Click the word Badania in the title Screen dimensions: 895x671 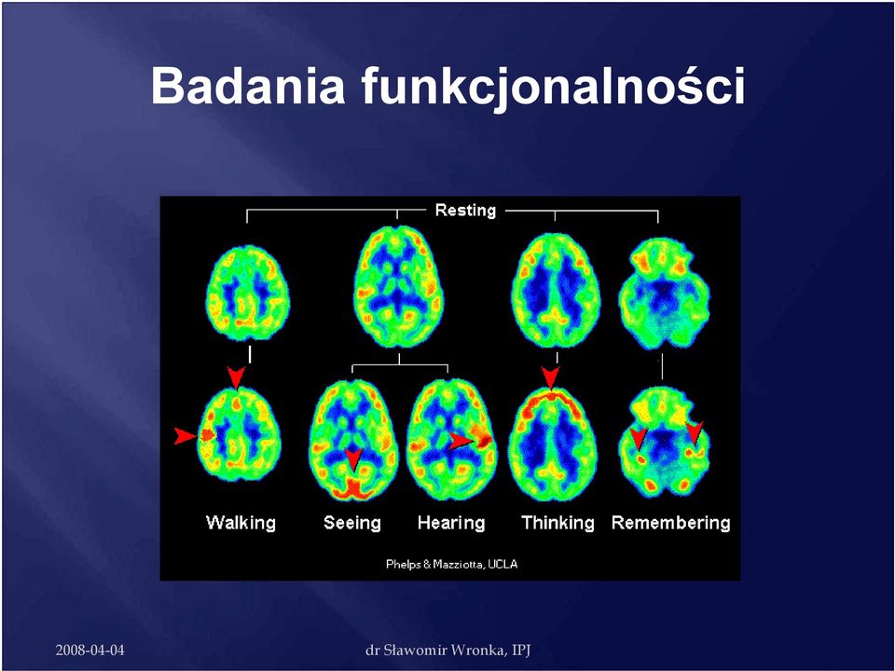pos(248,86)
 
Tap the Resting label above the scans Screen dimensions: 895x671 pos(465,211)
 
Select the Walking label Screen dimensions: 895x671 pos(241,523)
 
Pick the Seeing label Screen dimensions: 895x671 pos(352,523)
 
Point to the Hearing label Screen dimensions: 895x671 pos(451,523)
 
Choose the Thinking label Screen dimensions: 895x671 pos(558,523)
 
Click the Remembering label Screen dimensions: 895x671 pos(670,523)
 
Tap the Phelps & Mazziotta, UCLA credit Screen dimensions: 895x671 pos(451,565)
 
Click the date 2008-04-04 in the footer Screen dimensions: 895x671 pos(89,650)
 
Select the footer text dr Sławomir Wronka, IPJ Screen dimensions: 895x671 pos(448,650)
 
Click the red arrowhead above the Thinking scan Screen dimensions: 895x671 pos(550,378)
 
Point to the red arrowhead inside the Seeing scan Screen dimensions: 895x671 pos(354,459)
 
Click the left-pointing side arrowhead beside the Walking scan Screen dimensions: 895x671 pos(186,436)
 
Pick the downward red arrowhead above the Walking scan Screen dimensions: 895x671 pos(236,377)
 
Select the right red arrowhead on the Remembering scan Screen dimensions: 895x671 pos(695,432)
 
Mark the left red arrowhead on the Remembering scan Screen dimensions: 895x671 pos(639,438)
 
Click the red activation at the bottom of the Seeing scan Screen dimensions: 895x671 pos(355,489)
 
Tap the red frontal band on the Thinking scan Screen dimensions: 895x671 pos(550,397)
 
